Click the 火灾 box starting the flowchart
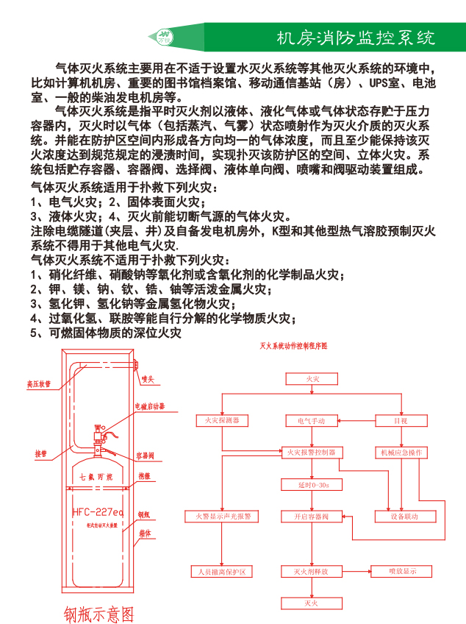[312, 378]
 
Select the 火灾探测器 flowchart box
[222, 420]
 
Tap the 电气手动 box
[312, 420]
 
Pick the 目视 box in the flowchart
[401, 420]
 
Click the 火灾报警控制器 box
[312, 453]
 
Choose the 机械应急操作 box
[401, 453]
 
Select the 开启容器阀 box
[312, 517]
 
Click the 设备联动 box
[403, 517]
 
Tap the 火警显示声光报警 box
[222, 517]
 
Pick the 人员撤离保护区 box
[222, 571]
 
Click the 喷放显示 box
[403, 571]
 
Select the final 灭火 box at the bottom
[312, 603]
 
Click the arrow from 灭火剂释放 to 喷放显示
[356, 571]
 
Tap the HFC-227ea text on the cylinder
[98, 511]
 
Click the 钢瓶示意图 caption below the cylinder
[98, 613]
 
